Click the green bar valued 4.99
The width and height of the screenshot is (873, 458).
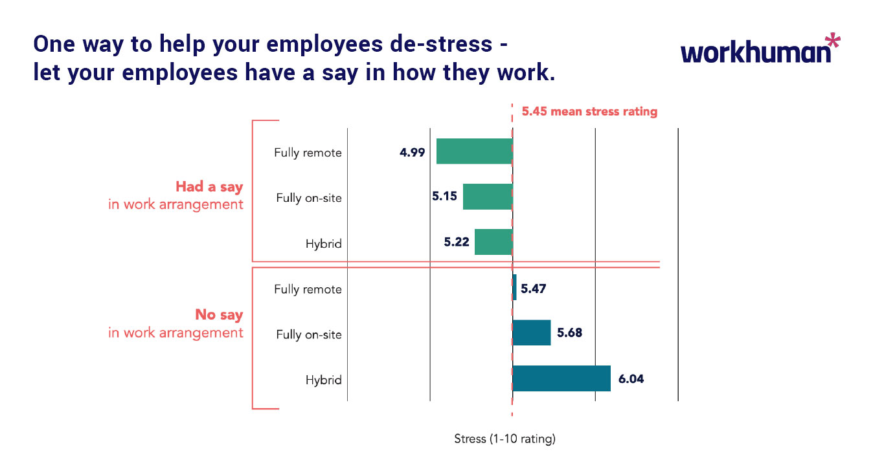474,151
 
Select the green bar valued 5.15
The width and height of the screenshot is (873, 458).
487,197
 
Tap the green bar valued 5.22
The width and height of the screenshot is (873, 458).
493,242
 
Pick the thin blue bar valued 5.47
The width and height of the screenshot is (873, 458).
514,287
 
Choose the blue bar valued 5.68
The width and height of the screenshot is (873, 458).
531,333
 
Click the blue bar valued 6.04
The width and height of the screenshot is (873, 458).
561,378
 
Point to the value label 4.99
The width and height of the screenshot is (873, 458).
412,153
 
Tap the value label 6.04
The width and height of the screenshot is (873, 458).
631,379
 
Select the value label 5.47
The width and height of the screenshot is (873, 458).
533,289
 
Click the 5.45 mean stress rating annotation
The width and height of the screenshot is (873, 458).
589,111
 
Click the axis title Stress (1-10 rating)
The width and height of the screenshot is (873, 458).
505,439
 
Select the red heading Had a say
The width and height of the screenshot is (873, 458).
209,187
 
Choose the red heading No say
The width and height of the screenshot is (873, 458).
219,315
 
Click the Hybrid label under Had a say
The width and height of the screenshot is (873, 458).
323,244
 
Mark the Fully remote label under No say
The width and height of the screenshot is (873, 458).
307,289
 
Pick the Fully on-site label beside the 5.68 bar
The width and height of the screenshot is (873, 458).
308,334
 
